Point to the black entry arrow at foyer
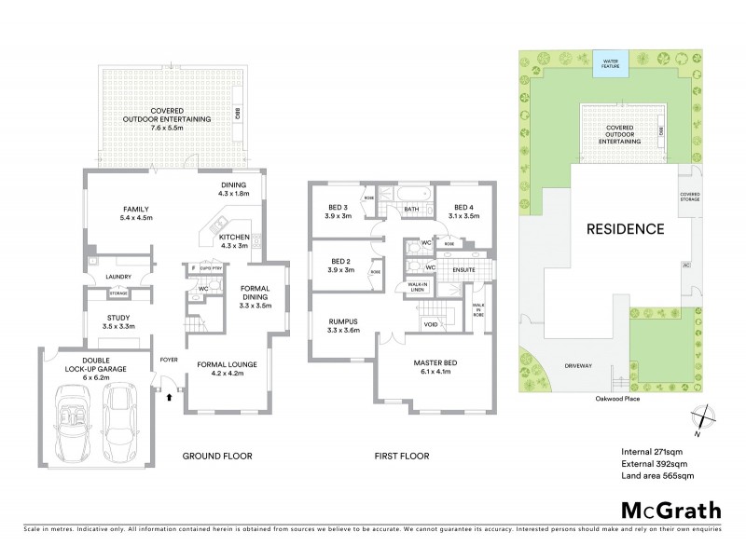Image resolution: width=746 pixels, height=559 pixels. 169,396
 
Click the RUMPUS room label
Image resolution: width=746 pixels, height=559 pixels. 342,323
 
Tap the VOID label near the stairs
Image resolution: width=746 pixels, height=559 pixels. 431,326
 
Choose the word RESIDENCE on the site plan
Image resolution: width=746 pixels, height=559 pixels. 625,228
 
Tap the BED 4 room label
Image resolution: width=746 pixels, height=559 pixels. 466,211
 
